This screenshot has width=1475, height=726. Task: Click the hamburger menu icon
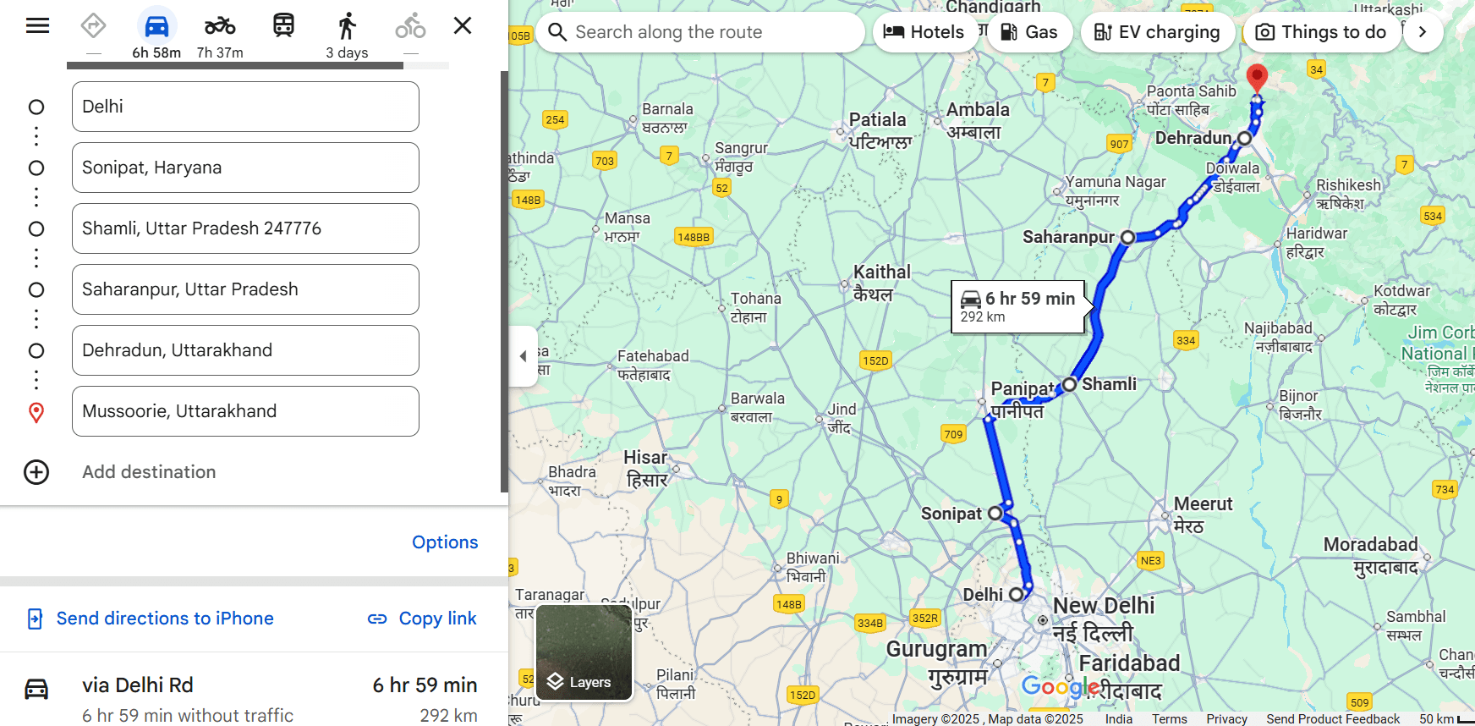37,25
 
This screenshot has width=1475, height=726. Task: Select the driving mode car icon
156,26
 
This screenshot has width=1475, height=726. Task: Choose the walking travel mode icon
347,26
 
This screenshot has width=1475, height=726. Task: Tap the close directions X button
463,25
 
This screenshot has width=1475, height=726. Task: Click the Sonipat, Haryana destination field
245,168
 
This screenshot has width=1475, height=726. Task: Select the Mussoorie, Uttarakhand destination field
245,411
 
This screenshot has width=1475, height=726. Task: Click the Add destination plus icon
36,472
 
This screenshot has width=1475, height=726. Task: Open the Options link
445,542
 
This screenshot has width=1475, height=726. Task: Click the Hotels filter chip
924,32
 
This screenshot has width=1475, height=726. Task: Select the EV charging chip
1157,32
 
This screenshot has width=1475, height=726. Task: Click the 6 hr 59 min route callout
1018,306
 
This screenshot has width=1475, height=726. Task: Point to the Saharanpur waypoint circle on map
1127,238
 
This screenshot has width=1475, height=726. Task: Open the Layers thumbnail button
584,652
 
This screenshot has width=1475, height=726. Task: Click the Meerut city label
1203,504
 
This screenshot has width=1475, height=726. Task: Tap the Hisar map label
645,458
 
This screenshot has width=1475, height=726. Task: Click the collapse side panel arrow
523,356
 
